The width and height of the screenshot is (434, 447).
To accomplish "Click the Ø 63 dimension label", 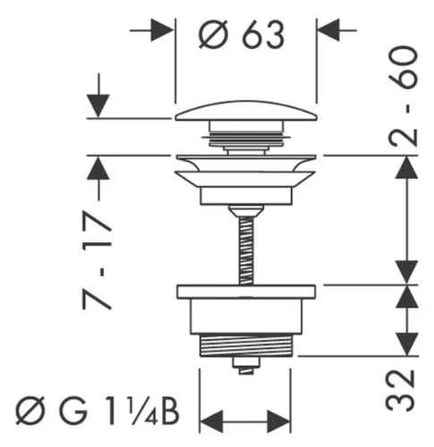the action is pyautogui.click(x=241, y=35).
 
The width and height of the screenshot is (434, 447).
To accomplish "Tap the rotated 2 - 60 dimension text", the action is pyautogui.click(x=404, y=96).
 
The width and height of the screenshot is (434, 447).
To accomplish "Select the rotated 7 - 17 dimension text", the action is pyautogui.click(x=98, y=260).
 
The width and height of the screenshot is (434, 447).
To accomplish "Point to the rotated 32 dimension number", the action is pyautogui.click(x=400, y=391).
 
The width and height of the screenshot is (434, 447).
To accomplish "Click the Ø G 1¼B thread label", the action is pyautogui.click(x=98, y=410).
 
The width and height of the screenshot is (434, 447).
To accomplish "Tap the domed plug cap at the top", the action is pyautogui.click(x=246, y=111).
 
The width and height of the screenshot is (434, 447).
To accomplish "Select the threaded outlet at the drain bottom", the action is pyautogui.click(x=246, y=346).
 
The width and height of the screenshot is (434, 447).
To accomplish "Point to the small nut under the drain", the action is pyautogui.click(x=246, y=366).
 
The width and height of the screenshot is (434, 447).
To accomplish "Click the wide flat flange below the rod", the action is pyautogui.click(x=246, y=292).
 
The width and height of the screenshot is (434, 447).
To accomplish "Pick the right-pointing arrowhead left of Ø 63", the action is pyautogui.click(x=162, y=30).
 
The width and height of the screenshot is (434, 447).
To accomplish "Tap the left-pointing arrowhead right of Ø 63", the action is pyautogui.click(x=328, y=30).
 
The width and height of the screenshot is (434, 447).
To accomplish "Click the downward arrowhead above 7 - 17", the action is pyautogui.click(x=98, y=106).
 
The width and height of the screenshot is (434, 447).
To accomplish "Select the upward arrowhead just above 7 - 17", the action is pyautogui.click(x=98, y=168).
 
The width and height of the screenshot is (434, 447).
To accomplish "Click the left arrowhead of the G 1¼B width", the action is pyautogui.click(x=211, y=421).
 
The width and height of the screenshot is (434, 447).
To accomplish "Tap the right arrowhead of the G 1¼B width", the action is pyautogui.click(x=278, y=421).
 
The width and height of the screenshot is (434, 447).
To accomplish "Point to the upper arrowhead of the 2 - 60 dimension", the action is pyautogui.click(x=406, y=167).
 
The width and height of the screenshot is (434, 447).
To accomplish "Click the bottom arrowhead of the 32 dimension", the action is pyautogui.click(x=406, y=344).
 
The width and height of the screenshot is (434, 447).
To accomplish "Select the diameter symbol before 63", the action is pyautogui.click(x=213, y=35).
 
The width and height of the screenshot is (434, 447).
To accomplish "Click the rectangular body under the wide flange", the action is pyautogui.click(x=246, y=316).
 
